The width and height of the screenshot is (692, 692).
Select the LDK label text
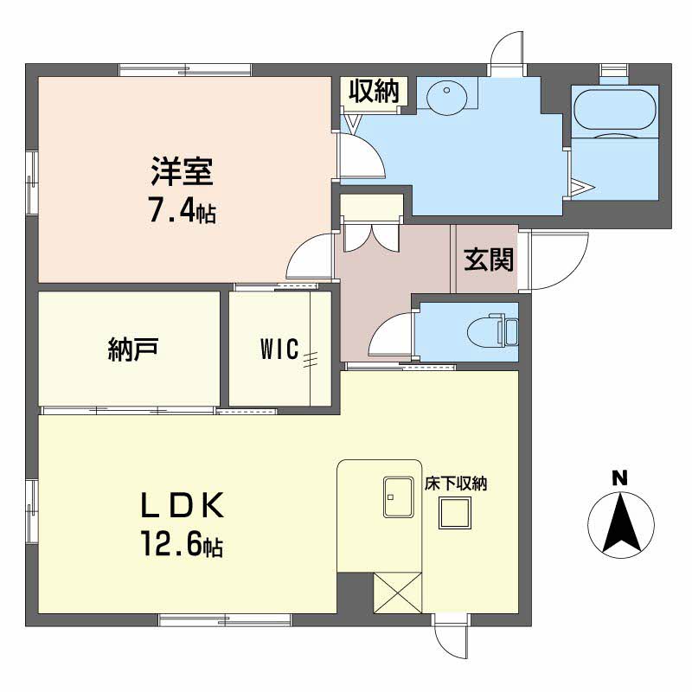click(183, 507)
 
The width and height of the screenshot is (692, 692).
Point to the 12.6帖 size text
click(182, 545)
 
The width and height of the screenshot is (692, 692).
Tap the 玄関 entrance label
click(489, 259)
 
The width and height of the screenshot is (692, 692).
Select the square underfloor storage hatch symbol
click(455, 516)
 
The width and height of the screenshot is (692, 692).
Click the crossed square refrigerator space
click(398, 594)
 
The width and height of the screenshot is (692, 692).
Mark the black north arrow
click(619, 523)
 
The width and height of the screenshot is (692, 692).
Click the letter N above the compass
click(619, 477)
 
